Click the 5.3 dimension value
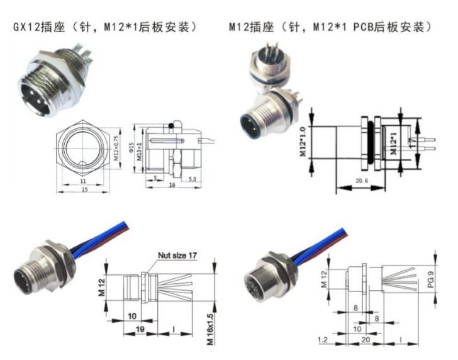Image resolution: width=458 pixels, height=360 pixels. [x=191, y=179]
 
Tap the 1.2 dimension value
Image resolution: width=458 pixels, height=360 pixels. [x=325, y=340]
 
